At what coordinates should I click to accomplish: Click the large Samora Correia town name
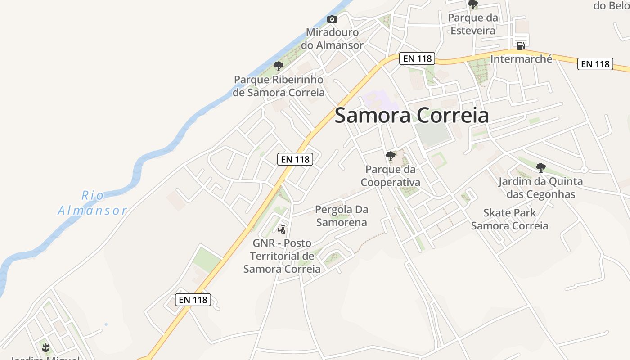coord(411,116)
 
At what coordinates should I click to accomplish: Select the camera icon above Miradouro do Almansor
coord(332,19)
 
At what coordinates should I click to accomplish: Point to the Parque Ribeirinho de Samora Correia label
coord(279,86)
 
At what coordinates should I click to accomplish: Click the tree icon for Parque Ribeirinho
coord(279,66)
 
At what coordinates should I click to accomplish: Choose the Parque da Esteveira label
coord(473,24)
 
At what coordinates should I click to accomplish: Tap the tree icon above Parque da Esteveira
coord(473,5)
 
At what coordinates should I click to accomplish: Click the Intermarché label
coord(521,59)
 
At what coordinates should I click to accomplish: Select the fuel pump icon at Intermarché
coord(521,45)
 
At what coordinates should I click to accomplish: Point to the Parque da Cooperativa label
coord(391,176)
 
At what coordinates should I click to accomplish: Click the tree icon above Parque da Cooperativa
coord(391,156)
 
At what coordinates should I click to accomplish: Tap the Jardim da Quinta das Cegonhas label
coord(540,188)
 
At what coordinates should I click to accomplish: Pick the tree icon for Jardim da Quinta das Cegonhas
coord(541,168)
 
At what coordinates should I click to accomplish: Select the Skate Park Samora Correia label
coord(509,219)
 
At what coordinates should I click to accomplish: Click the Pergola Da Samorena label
coord(342,216)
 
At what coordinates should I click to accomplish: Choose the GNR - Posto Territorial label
coord(282,256)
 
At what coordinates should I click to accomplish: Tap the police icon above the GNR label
coord(282,230)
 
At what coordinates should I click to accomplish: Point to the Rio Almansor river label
coord(93,203)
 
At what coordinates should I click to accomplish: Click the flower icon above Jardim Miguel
coord(45,347)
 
